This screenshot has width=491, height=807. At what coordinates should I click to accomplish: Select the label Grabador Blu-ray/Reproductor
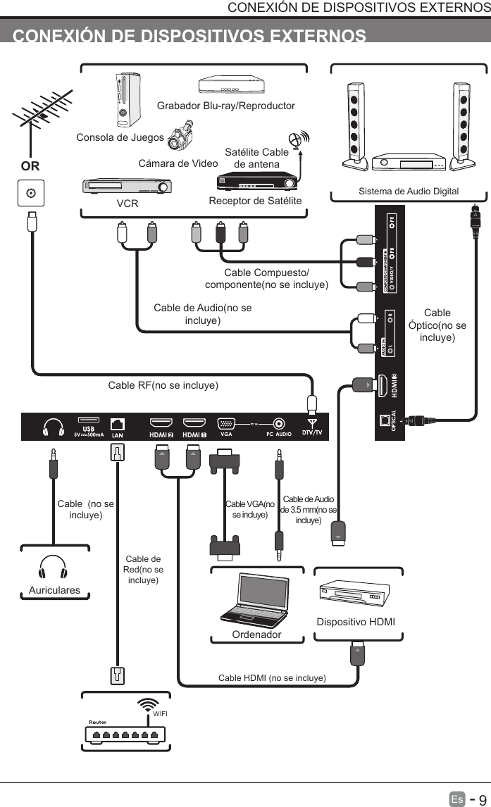pos(225,106)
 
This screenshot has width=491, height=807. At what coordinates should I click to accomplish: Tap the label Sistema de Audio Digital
pos(408,191)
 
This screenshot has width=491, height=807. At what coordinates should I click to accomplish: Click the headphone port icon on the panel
pos(54,427)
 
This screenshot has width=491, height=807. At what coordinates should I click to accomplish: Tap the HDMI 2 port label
pos(161,434)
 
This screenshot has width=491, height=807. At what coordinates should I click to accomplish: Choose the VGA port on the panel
pos(226,424)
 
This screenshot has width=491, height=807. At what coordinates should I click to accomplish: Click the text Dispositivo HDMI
pos(356,623)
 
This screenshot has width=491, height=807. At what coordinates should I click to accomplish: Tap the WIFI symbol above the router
pos(147,706)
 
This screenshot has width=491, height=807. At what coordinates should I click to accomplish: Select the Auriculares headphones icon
pos(54,569)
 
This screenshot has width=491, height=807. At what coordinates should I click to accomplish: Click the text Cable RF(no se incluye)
pos(163,386)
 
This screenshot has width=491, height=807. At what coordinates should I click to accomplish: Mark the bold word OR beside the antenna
pos(30,167)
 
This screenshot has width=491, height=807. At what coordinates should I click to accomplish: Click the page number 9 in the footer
pos(482,799)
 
